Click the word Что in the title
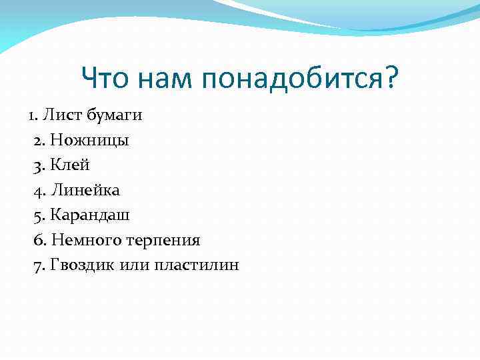107,80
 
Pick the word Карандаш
91,215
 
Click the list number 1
32,115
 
